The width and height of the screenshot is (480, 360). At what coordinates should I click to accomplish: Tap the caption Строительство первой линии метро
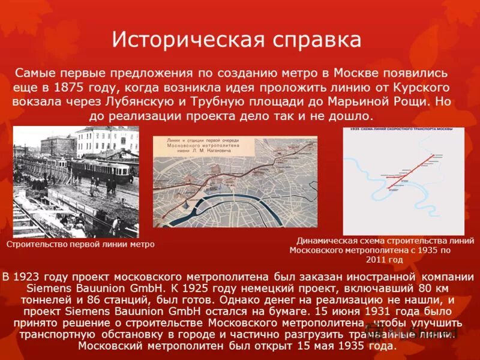80,244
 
